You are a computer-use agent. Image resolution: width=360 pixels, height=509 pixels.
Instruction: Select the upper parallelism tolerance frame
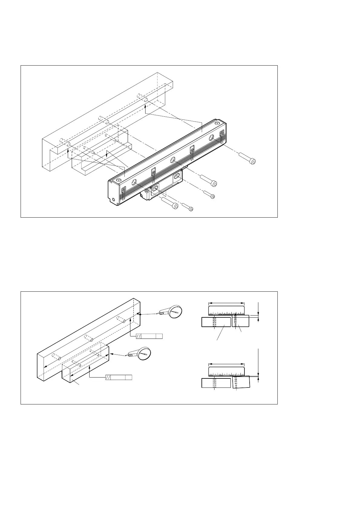click(x=149, y=336)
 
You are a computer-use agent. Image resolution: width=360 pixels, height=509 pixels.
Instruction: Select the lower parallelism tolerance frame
click(x=119, y=377)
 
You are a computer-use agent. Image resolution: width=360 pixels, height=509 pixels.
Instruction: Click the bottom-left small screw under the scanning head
click(x=188, y=207)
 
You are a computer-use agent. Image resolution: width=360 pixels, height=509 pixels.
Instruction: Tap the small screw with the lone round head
click(x=209, y=194)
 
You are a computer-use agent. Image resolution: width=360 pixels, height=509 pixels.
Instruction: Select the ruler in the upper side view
click(x=226, y=310)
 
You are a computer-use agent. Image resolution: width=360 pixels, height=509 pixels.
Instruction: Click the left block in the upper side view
click(x=216, y=322)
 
